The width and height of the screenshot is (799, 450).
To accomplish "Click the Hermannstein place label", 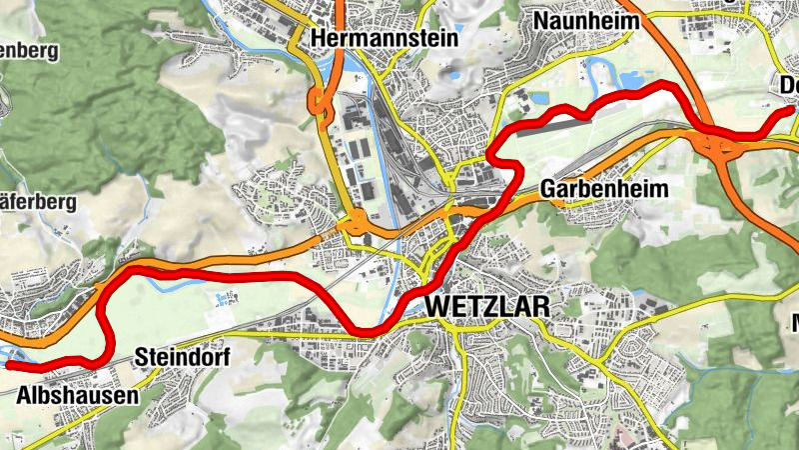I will (x=384, y=38).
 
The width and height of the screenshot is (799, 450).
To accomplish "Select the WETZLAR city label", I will (x=486, y=306).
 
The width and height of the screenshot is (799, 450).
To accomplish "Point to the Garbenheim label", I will (x=590, y=188).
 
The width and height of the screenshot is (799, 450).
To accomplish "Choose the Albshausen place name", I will (x=76, y=396).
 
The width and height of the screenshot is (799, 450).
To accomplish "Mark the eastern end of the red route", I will (x=793, y=110).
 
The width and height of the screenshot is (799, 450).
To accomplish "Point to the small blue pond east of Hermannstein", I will (x=454, y=72).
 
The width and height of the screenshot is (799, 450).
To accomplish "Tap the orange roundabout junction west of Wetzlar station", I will (x=355, y=222).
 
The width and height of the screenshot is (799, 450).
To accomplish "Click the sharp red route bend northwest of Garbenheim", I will (x=491, y=155).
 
